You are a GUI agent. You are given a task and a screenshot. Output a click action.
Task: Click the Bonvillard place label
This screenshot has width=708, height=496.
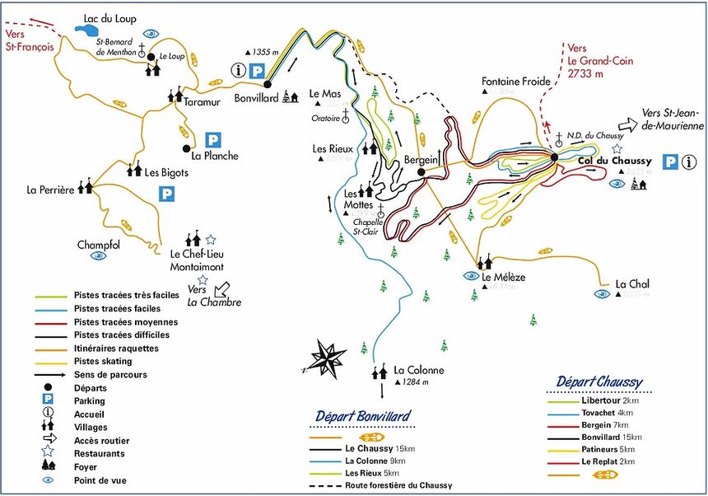tap(235, 97)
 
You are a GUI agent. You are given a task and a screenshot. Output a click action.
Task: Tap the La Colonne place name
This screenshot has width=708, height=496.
tap(418, 370)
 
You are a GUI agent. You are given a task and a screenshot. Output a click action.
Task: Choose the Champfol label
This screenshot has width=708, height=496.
tap(99, 245)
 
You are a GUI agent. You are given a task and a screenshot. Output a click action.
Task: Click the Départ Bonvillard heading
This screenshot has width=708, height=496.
tap(362, 415)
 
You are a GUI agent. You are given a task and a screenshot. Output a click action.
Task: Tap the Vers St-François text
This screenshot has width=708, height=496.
tap(29, 40)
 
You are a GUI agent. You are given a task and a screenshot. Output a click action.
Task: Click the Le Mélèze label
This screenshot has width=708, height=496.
tap(503, 278)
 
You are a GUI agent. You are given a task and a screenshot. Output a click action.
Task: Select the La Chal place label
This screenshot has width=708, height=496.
tap(632, 284)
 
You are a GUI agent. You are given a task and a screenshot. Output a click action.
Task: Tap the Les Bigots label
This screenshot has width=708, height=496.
tap(166, 173)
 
